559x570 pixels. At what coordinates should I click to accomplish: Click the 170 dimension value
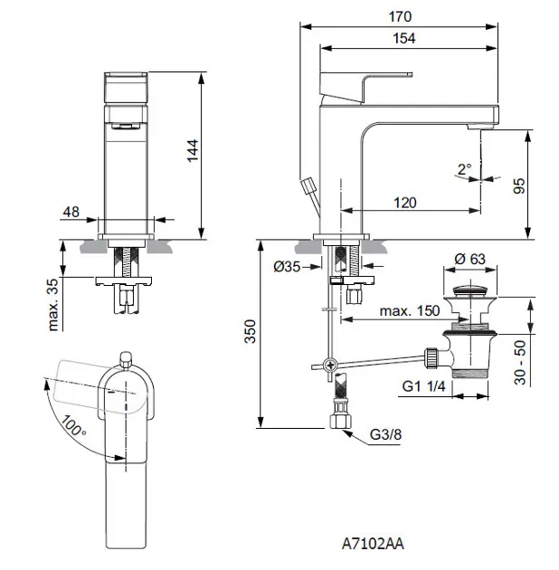coord(401,16)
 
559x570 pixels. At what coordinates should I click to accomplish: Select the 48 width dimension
coord(71,212)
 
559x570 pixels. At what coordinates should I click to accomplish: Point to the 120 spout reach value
coord(404,203)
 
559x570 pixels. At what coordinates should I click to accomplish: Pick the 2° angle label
coord(465,168)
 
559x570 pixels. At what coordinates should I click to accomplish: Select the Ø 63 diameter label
coord(471,260)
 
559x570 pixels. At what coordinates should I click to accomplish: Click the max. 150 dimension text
coord(410,310)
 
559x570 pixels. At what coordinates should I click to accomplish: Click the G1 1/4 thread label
coord(426,387)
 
